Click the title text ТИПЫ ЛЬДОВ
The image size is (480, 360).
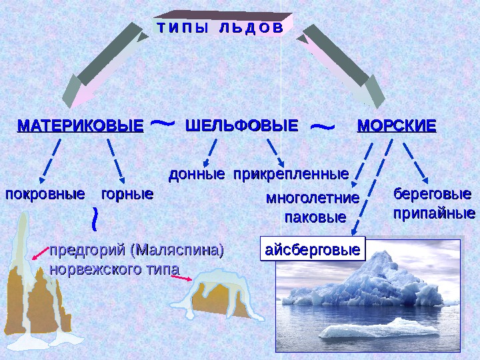[219, 28]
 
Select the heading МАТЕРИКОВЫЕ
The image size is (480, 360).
[80, 126]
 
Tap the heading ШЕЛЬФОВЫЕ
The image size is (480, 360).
[241, 126]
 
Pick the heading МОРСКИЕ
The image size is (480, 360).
[397, 126]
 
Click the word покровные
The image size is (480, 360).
[45, 195]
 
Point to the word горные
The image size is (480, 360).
[127, 195]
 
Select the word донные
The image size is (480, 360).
[196, 175]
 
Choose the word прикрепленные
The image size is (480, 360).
[291, 175]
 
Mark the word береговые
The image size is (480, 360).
[428, 195]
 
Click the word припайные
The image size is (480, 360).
[433, 214]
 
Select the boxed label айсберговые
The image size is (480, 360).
[313, 250]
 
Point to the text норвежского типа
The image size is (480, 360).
[115, 269]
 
